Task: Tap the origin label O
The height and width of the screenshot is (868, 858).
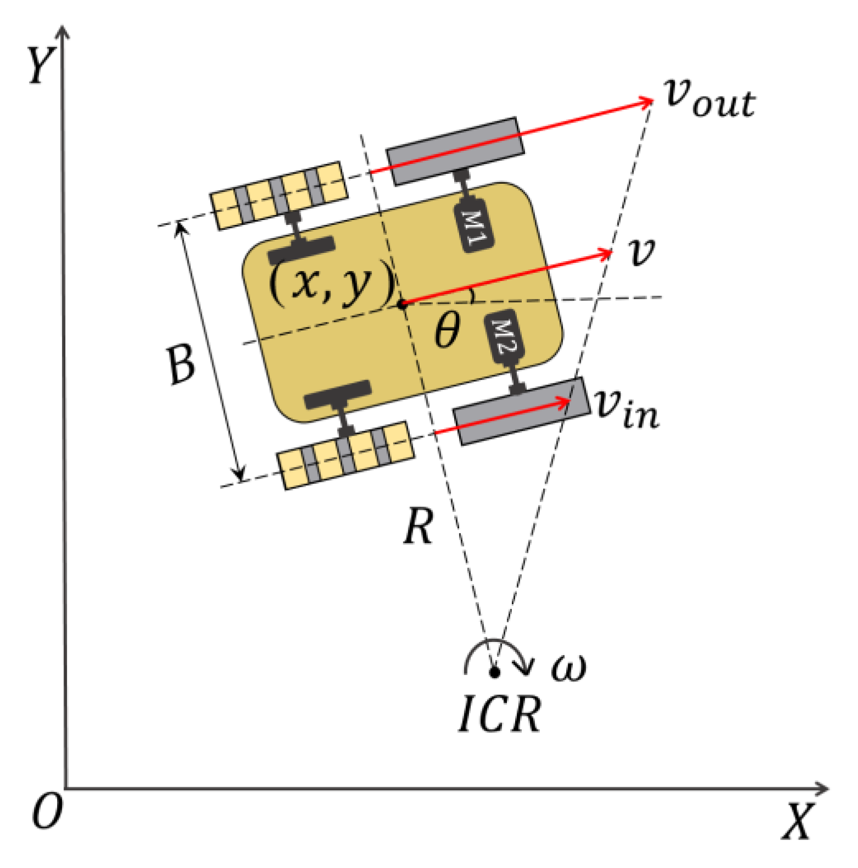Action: pos(47,812)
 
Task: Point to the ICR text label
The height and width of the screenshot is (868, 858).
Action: pos(500,714)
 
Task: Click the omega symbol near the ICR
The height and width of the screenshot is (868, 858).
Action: pos(568,666)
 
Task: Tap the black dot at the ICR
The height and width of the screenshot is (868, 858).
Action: pos(494,671)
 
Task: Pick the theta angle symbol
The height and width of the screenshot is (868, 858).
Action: pos(447,330)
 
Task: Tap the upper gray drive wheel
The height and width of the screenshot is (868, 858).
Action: pos(455,151)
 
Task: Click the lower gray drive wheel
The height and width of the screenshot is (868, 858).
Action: pos(521,412)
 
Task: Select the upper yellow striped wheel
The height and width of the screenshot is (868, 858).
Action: pos(279,195)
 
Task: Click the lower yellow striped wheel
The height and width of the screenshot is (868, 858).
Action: pos(346,454)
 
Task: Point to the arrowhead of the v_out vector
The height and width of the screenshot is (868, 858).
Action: pos(647,101)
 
